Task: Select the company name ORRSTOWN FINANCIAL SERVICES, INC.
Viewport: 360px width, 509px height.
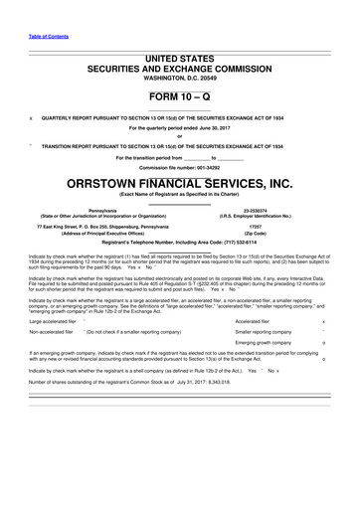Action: (180, 183)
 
